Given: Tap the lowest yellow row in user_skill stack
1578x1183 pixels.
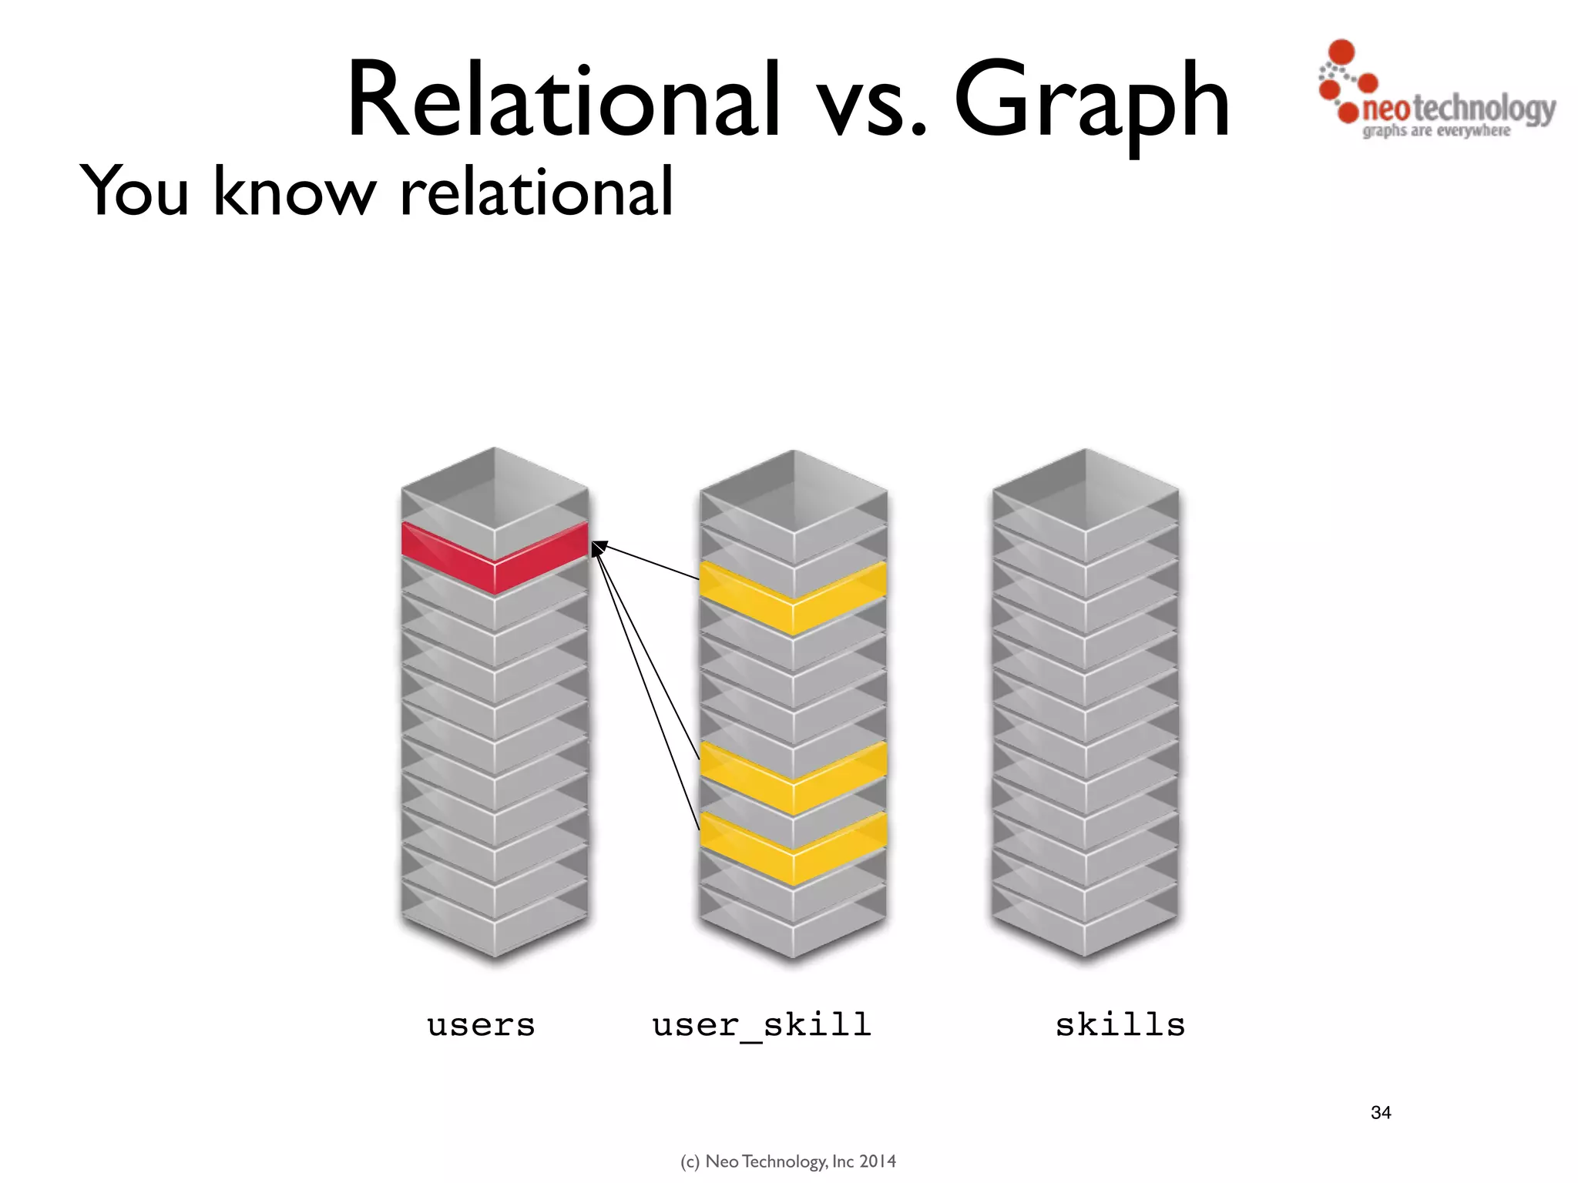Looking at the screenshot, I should point(793,848).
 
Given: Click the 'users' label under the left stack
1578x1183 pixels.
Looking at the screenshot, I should point(482,1025).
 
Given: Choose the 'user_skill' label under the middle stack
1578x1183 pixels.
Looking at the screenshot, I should point(762,1025).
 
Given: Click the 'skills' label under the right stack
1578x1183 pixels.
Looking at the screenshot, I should point(1120,1025).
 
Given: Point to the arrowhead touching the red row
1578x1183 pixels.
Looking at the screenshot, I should point(598,548).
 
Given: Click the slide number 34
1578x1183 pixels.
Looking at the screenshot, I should point(1381,1112).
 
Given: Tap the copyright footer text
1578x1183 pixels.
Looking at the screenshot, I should point(788,1161).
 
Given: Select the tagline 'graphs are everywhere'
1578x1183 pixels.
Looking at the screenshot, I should point(1436,131).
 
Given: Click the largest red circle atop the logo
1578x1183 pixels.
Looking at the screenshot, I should point(1341,51).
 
